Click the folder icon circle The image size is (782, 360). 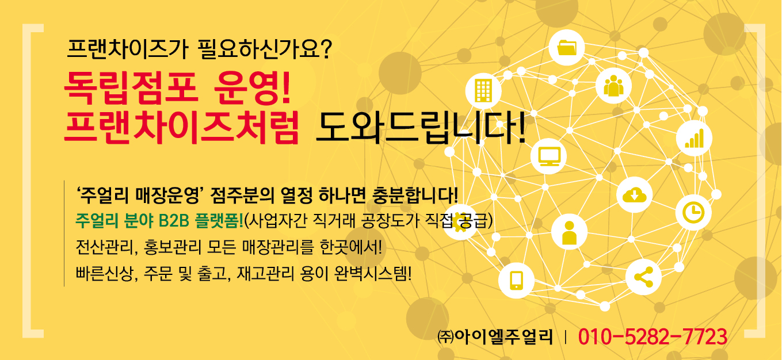click(566, 48)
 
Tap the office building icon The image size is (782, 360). click(483, 90)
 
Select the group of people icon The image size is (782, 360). click(613, 86)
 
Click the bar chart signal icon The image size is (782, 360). click(694, 138)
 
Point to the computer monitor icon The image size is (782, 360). click(549, 156)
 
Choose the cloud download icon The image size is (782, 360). click(634, 194)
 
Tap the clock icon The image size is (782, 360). click(693, 212)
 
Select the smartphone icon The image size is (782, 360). click(516, 281)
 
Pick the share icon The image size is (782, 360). click(643, 277)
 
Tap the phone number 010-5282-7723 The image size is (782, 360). click(653, 336)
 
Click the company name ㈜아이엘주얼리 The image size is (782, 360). click(495, 336)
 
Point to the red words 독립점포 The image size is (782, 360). click(131, 87)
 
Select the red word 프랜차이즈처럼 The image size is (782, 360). click(181, 127)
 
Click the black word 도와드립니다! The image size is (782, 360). click(421, 128)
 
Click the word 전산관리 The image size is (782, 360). click(104, 247)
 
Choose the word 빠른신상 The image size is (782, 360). click(104, 273)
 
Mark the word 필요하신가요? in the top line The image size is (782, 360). click(264, 49)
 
